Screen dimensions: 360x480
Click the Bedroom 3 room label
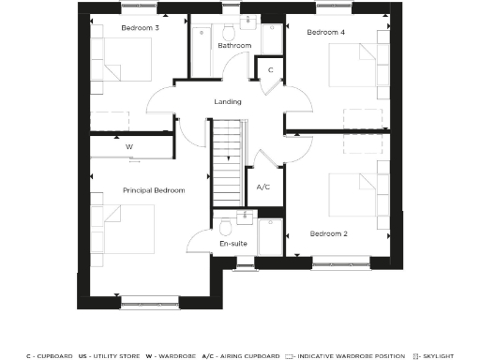(x=140, y=28)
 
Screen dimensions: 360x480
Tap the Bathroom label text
(x=234, y=45)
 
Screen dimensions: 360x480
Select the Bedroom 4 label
(x=327, y=33)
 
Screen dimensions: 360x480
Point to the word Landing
(x=228, y=101)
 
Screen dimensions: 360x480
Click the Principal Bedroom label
(x=154, y=190)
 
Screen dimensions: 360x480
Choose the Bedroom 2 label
(x=329, y=232)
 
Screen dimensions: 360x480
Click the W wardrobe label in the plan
(x=130, y=146)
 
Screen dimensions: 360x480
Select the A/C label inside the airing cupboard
(x=263, y=187)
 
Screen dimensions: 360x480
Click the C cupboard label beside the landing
(x=270, y=70)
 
